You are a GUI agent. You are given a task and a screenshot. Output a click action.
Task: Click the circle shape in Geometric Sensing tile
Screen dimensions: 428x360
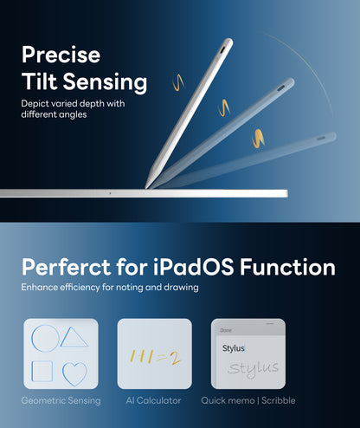click(x=45, y=338)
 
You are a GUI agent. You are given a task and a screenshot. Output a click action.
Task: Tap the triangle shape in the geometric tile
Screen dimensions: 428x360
click(x=74, y=337)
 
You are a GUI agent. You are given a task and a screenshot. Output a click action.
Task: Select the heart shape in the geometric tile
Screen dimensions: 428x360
click(x=75, y=373)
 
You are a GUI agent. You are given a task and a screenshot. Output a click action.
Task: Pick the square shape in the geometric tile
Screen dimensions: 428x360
click(x=43, y=372)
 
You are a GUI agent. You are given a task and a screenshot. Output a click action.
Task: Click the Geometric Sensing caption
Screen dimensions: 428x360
click(x=61, y=400)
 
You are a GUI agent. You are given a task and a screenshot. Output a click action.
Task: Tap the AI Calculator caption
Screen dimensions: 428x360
click(x=154, y=400)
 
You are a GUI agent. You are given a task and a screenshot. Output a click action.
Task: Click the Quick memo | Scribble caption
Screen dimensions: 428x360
click(x=248, y=400)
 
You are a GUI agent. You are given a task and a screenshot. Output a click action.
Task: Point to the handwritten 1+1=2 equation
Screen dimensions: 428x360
click(x=154, y=355)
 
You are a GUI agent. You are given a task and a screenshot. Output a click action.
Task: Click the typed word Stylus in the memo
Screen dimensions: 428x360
click(x=235, y=348)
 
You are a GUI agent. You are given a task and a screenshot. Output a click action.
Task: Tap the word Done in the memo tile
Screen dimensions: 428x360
click(x=226, y=330)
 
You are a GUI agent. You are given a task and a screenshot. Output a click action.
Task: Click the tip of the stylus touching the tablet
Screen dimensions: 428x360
click(x=149, y=185)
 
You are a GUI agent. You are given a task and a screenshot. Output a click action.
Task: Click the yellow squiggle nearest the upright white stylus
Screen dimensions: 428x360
click(x=178, y=84)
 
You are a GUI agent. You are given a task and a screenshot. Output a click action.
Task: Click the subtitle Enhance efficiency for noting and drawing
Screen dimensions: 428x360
click(x=110, y=287)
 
